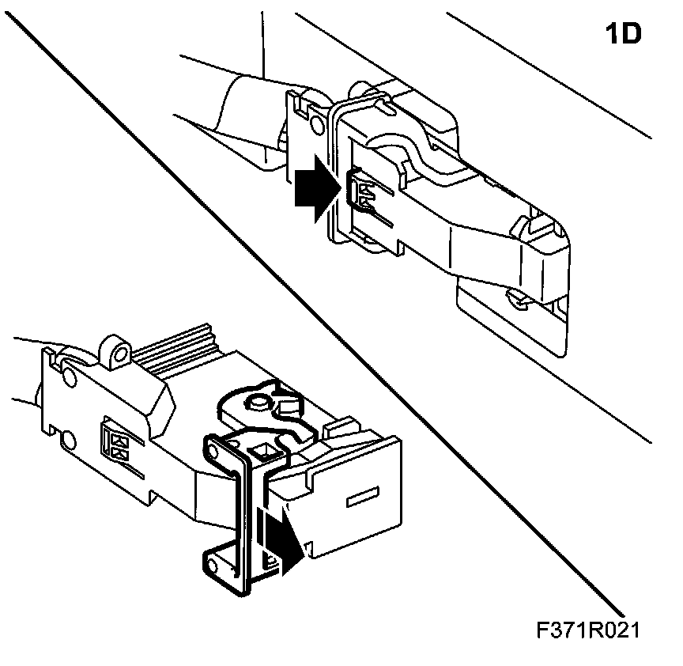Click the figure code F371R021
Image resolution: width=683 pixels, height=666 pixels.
pyautogui.click(x=587, y=630)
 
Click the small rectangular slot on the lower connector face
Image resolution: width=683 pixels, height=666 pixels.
pyautogui.click(x=361, y=499)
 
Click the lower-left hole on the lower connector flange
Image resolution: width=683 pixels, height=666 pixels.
pyautogui.click(x=68, y=439)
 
